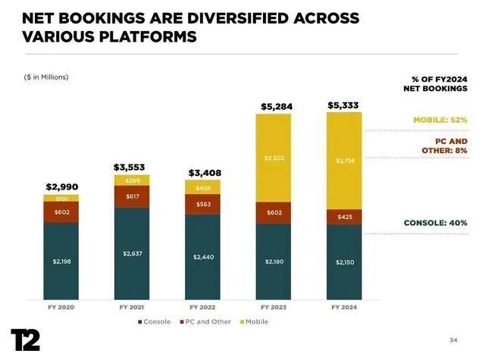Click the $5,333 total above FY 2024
(x=345, y=105)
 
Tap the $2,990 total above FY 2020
(x=61, y=186)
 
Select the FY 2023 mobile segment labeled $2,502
(x=273, y=158)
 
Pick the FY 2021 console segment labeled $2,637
(x=132, y=252)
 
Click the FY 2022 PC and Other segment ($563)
(x=202, y=204)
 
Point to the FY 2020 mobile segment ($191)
(x=61, y=198)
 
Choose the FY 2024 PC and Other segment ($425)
(x=345, y=217)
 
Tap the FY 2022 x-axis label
(x=202, y=308)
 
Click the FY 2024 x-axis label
(x=345, y=308)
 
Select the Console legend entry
(x=156, y=321)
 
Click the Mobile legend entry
(x=254, y=321)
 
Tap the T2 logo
(x=25, y=340)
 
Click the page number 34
(x=453, y=339)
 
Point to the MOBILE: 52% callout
(x=440, y=120)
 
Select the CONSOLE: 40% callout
(x=435, y=223)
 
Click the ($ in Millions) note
(x=45, y=76)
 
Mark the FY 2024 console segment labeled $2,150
(x=345, y=262)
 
